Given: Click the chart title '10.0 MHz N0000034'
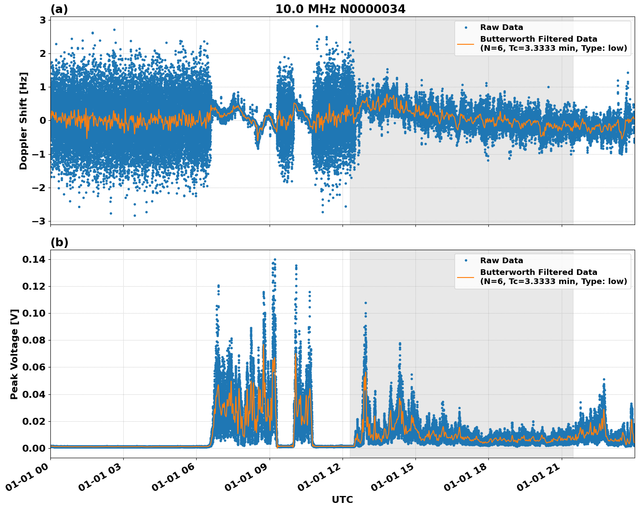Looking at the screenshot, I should [340, 9].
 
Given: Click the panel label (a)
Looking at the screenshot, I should [59, 9].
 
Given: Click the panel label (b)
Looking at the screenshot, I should [59, 242].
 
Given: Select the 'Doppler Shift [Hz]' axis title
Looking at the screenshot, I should [23, 121].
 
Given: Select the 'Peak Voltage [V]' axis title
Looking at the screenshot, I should [14, 354].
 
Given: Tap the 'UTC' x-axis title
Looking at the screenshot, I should [342, 499].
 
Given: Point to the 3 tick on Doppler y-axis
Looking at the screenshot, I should [43, 20].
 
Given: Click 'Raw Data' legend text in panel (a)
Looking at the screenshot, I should [501, 27].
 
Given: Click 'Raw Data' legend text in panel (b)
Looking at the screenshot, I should [501, 261].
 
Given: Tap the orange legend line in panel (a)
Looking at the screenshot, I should [465, 43].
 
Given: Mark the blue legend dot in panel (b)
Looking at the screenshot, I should [466, 261].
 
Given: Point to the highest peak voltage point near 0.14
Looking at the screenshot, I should [275, 259].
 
